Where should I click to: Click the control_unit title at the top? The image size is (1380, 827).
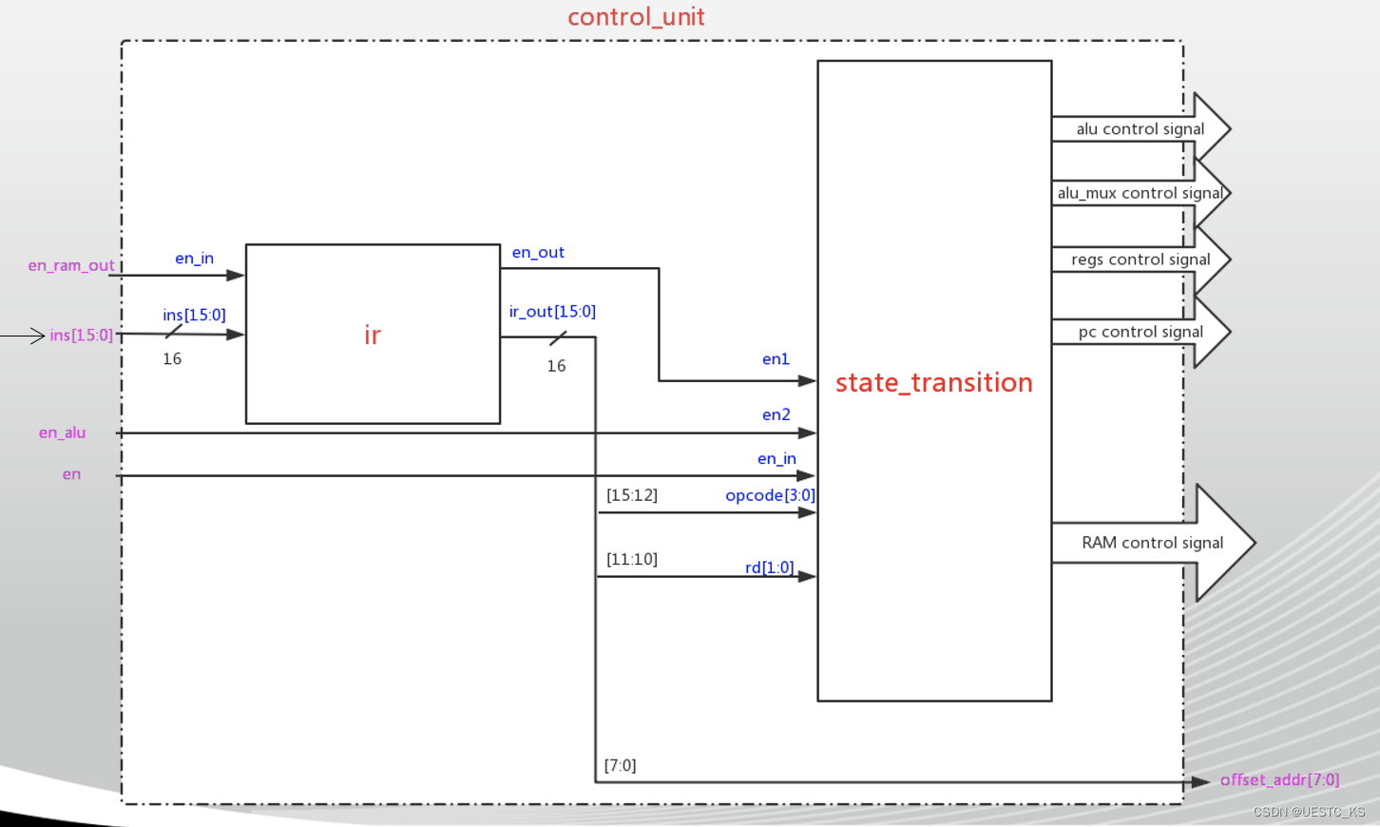point(636,17)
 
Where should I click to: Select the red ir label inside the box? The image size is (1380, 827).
point(373,335)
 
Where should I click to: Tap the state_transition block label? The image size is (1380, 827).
point(933,382)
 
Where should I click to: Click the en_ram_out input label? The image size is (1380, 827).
point(71,265)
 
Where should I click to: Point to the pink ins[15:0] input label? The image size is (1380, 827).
point(82,335)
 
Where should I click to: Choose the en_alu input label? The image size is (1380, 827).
point(62,433)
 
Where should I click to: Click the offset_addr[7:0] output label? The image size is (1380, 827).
point(1279,779)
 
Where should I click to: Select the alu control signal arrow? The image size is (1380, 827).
point(1140,129)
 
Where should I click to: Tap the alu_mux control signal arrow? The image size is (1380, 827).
point(1140,193)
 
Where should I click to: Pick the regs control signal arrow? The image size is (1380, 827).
point(1140,260)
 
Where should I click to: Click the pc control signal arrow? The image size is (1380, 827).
point(1140,332)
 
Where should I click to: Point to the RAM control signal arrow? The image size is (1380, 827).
point(1152,543)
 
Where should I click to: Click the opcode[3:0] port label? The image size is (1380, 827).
point(770,495)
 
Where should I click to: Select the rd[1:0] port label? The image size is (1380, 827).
point(769,567)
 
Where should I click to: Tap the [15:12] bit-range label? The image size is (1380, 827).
point(632,495)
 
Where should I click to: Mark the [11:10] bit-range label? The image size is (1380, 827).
point(632,559)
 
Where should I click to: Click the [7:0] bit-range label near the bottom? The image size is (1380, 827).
point(620,765)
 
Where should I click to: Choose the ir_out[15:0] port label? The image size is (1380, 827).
point(552,312)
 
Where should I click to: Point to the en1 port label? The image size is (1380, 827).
point(776,359)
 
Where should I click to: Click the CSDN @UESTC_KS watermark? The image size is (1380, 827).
point(1308,812)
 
